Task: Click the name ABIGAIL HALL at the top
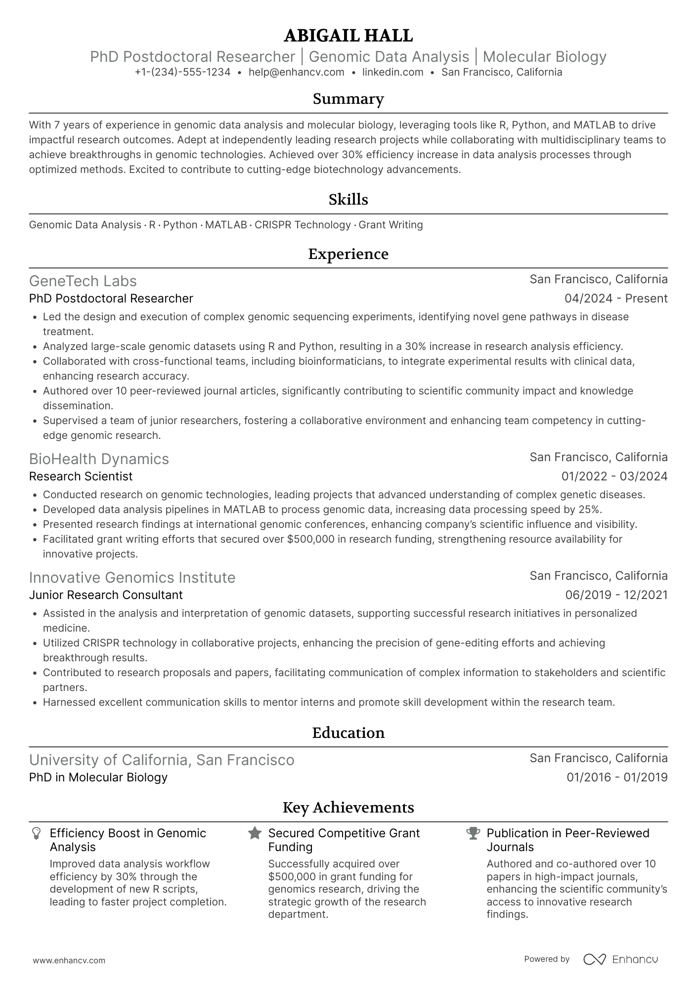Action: coord(348,36)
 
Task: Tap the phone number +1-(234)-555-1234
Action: coord(182,72)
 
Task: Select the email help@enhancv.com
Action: coord(296,72)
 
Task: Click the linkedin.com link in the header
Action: coord(392,72)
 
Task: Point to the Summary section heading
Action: coord(348,99)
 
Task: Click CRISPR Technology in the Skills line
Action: coord(303,225)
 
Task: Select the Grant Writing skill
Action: coord(391,225)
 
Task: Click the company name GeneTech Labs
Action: coord(83,281)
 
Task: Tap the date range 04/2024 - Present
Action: coord(615,299)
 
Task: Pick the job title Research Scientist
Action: coord(81,476)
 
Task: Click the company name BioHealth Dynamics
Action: coord(99,459)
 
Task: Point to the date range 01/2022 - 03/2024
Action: coord(614,476)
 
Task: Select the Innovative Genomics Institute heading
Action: coord(132,577)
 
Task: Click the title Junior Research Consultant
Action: coord(106,595)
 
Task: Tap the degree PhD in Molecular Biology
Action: coord(98,777)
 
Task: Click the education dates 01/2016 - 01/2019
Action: coord(617,777)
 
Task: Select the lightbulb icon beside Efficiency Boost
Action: coord(36,834)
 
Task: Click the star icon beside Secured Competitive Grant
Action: coord(255,833)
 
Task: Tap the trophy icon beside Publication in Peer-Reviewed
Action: coord(473,833)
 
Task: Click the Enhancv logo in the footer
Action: coord(620,959)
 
